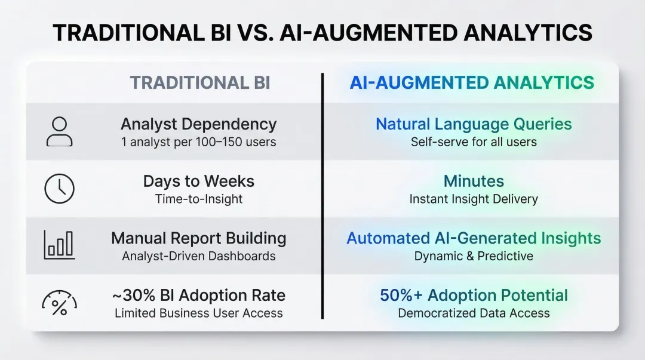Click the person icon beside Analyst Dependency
click(x=59, y=131)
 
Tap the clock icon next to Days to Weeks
click(x=59, y=189)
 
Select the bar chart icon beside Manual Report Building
click(x=59, y=245)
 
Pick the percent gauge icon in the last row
click(x=59, y=303)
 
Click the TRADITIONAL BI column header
click(x=200, y=83)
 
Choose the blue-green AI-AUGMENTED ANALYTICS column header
click(x=472, y=83)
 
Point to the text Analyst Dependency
click(x=198, y=124)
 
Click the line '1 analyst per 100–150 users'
click(x=198, y=142)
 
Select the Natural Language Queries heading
click(x=473, y=124)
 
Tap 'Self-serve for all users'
click(x=473, y=142)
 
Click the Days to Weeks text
click(x=198, y=181)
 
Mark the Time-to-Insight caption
click(x=198, y=199)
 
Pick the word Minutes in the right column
click(x=473, y=181)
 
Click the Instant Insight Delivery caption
click(x=473, y=199)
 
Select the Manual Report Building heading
click(x=198, y=238)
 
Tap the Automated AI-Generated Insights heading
click(x=473, y=238)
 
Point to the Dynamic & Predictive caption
click(x=473, y=256)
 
